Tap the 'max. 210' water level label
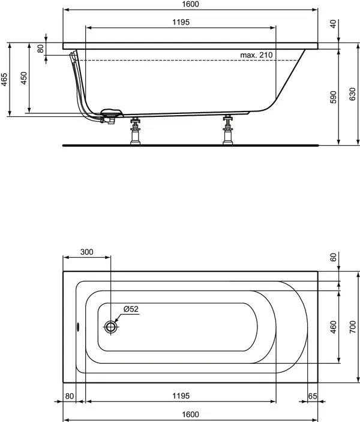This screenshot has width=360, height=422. point(256,55)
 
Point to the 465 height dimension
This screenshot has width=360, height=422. point(4,80)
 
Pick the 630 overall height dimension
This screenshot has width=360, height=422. point(352,96)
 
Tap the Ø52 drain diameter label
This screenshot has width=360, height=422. point(131,309)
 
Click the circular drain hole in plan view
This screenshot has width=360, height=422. point(111,327)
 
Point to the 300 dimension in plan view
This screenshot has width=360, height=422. point(86,252)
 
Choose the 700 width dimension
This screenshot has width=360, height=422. point(353,327)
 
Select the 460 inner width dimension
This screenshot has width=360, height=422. point(334,327)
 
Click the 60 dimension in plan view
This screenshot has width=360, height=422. point(334,257)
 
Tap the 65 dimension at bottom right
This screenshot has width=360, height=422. point(312,396)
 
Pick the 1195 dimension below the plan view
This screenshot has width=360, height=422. point(181,396)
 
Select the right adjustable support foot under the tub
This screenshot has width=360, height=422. point(227,130)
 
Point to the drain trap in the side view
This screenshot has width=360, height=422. point(110,116)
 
